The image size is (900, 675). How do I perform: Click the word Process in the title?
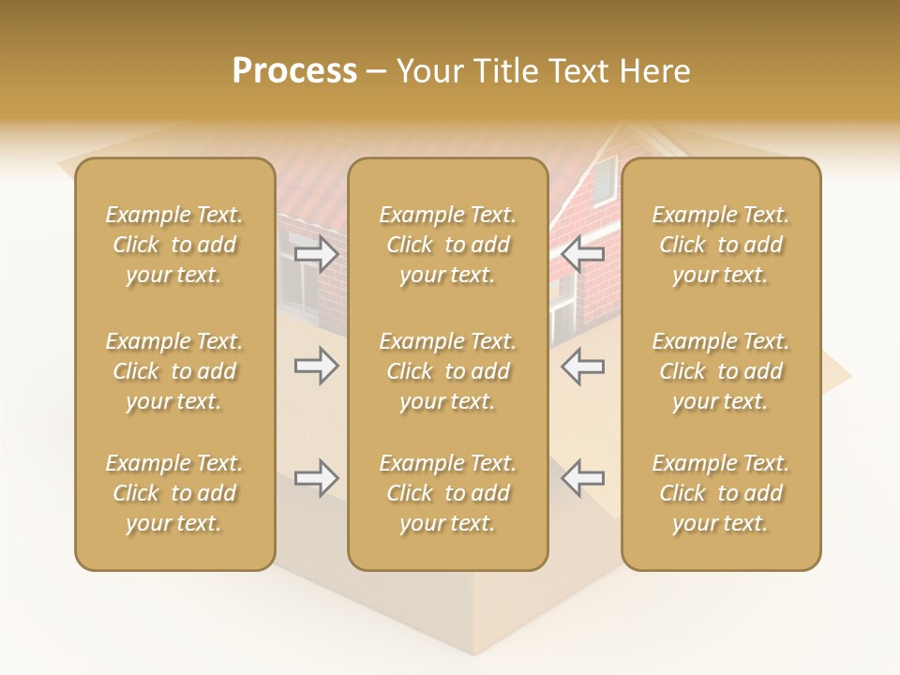294,71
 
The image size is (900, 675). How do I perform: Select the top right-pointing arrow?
316,254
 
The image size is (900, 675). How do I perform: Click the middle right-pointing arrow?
316,366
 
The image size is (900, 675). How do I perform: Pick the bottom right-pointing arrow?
316,478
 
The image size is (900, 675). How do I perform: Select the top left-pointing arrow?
582,254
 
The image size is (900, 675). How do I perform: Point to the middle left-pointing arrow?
582,366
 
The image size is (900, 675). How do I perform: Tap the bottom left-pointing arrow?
582,478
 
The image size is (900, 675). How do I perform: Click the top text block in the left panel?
174,245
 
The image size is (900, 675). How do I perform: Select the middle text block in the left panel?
174,371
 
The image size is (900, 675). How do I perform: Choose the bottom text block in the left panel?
174,493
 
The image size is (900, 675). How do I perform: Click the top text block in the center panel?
448,245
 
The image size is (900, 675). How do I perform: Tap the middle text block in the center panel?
448,371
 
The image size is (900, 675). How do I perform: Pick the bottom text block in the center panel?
448,493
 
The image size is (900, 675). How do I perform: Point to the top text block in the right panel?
721,245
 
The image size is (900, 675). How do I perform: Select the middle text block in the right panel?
721,371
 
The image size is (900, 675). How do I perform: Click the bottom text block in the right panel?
721,493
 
